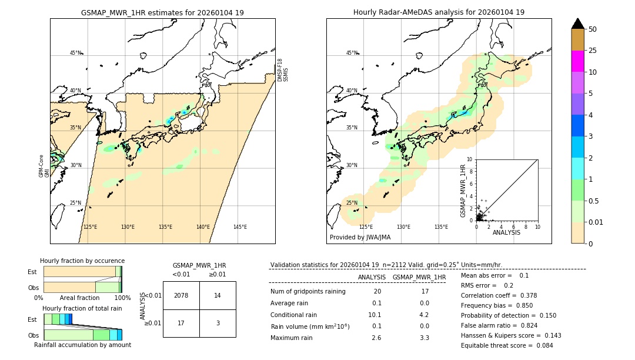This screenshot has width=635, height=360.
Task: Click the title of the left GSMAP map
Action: pos(162,12)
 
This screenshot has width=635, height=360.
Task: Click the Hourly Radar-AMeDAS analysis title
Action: pos(439,12)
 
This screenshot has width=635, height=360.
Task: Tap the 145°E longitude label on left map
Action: pos(240,227)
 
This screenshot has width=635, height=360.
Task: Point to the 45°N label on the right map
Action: pos(352,53)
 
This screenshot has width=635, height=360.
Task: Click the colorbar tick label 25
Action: pos(593,51)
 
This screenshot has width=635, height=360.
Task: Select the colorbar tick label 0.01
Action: pos(596,222)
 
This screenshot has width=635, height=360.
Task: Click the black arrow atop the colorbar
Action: pos(578,24)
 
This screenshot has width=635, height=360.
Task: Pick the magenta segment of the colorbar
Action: pos(578,61)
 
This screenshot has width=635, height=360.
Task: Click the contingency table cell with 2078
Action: pos(181,295)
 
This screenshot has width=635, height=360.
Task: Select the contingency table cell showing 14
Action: pos(218,295)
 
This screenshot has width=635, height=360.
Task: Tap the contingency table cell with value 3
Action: pos(218,323)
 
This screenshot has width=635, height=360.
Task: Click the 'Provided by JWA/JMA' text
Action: pos(360,238)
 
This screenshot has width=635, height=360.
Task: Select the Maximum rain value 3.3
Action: pos(424,338)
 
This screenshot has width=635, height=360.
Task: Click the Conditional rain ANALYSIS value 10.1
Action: pos(376,315)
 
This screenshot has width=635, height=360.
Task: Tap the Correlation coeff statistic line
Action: pos(499,295)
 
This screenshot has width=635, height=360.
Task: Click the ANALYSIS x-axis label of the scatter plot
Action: pos(506,232)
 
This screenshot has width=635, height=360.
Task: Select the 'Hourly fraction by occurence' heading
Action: pos(82,261)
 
